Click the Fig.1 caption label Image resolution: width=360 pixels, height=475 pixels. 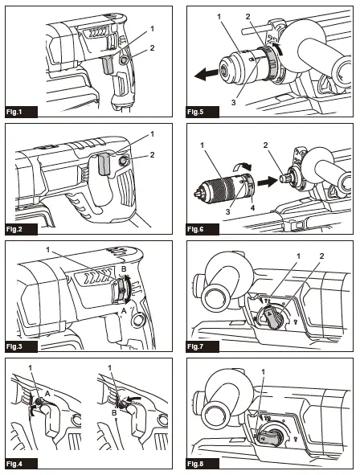[x=17, y=111]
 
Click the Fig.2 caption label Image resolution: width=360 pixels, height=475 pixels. [x=17, y=228]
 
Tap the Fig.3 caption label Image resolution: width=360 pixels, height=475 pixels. [x=17, y=346]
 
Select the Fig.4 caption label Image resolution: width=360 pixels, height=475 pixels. [x=17, y=464]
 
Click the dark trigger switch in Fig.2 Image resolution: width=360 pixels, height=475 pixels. [x=103, y=165]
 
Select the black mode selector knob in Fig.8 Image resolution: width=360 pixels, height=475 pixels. [x=271, y=436]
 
